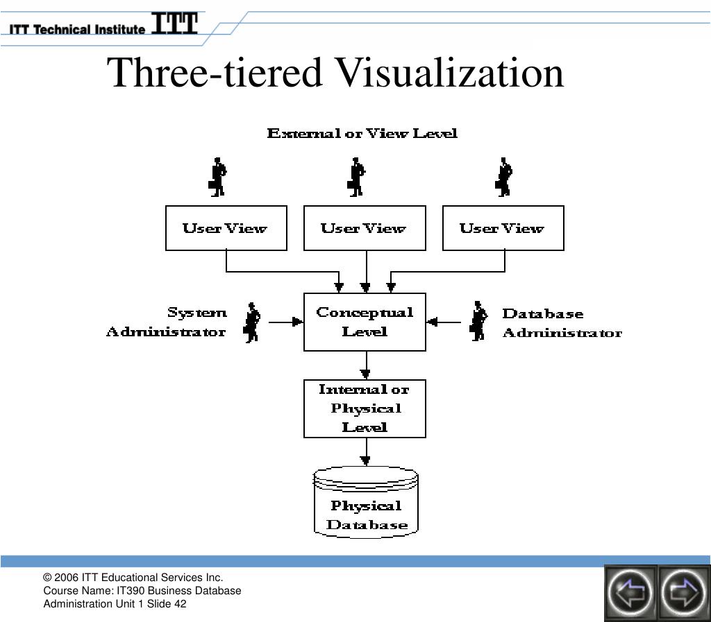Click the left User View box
click(226, 228)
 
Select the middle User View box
click(365, 228)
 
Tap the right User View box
click(503, 228)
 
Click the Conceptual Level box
click(365, 322)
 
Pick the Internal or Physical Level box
click(365, 409)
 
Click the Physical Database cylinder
click(365, 503)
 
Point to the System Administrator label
click(167, 322)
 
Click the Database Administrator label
click(562, 323)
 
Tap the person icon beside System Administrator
click(252, 322)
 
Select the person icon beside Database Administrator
click(478, 321)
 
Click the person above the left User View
click(217, 177)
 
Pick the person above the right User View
click(504, 177)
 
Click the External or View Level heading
click(362, 133)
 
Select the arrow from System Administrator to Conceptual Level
click(286, 322)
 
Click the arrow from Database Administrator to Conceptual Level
click(444, 322)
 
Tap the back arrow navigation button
click(630, 592)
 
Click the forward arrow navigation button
click(683, 592)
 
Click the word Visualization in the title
click(451, 73)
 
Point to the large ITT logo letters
click(174, 23)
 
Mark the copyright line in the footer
click(133, 577)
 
